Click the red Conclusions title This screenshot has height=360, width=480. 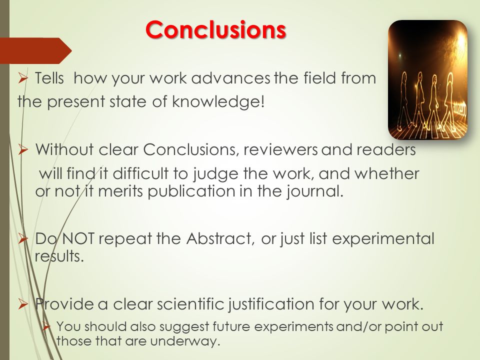(x=216, y=29)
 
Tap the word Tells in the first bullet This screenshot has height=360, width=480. (x=49, y=78)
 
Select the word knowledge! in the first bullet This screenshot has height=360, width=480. (x=218, y=101)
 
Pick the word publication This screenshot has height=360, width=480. (x=192, y=191)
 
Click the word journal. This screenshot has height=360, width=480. (x=315, y=191)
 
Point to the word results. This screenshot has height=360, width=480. (x=59, y=256)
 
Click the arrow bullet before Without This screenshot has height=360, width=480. (x=23, y=150)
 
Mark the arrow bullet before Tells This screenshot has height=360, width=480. (x=23, y=78)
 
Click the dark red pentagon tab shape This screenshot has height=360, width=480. (x=36, y=50)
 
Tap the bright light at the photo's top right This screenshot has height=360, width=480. (x=461, y=41)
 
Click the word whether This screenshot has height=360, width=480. (x=386, y=173)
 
